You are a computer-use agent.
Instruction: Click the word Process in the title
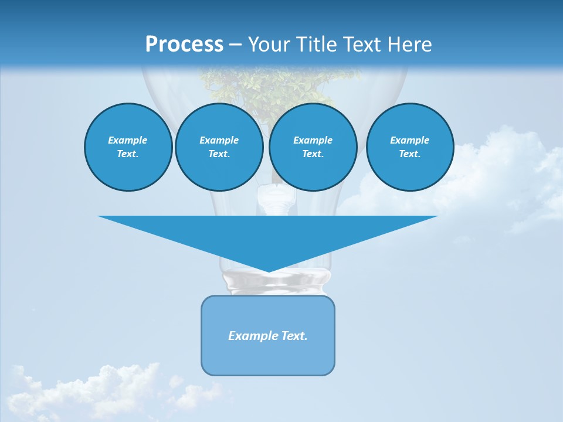184,45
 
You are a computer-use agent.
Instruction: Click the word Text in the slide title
364,45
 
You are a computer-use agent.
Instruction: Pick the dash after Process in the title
236,45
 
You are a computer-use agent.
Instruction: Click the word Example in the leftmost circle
128,140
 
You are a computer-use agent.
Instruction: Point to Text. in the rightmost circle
410,154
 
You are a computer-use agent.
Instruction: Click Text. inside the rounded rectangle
294,336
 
